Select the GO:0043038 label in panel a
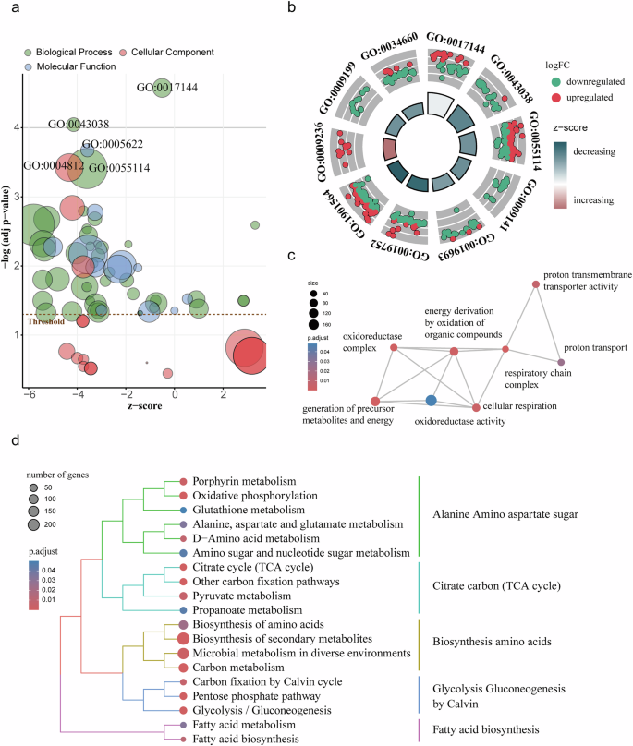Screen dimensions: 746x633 click(x=79, y=125)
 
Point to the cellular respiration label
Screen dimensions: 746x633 click(x=516, y=405)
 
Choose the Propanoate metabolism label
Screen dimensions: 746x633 click(x=249, y=611)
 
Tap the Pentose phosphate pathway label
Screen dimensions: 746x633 click(x=256, y=693)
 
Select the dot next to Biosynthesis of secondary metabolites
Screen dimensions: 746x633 click(x=183, y=638)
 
